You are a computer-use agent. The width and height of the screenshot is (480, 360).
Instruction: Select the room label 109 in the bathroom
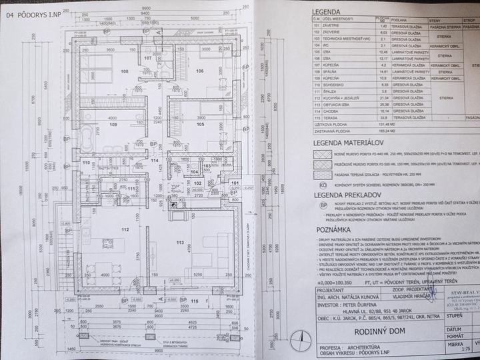pos(113,124)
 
